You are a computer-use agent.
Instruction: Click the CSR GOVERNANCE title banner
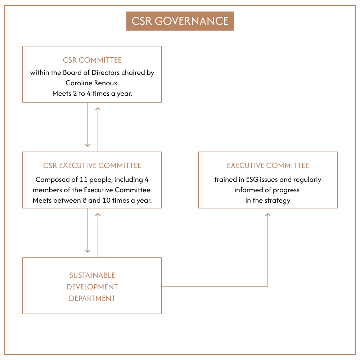tap(180, 21)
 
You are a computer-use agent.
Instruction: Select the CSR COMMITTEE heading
tap(92, 60)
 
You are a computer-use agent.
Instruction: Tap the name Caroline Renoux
tap(92, 83)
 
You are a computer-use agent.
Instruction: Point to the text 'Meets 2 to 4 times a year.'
tap(92, 93)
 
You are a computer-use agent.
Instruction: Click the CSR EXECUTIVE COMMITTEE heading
tap(92, 166)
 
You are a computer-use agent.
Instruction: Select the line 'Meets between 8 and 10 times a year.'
tap(92, 201)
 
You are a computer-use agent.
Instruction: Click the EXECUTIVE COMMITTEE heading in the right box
tap(268, 166)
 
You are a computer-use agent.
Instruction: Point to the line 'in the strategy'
tap(268, 201)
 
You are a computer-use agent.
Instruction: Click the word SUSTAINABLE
tap(92, 275)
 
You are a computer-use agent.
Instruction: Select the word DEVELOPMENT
tap(92, 287)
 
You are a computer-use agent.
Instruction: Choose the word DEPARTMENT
tap(92, 298)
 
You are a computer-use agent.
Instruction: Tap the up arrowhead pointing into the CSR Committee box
tap(98, 108)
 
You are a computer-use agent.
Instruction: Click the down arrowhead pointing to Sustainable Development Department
tap(88, 251)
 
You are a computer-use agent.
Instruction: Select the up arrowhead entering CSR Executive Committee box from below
tap(98, 215)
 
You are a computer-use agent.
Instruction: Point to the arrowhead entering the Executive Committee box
tap(268, 215)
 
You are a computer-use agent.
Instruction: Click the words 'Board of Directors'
tap(91, 72)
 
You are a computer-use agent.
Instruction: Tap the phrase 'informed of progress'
tap(267, 190)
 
